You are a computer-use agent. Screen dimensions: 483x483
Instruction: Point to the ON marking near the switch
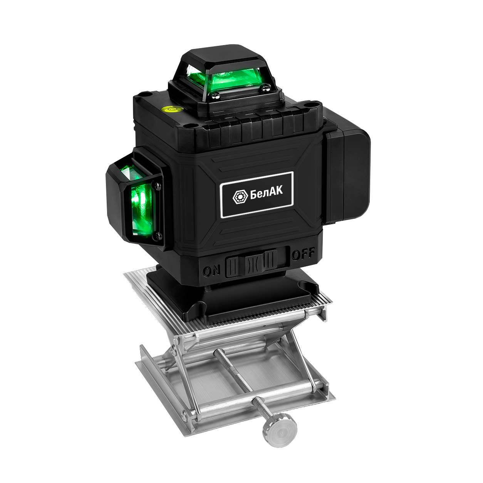[212, 271]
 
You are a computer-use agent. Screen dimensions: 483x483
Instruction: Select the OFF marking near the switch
[303, 255]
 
